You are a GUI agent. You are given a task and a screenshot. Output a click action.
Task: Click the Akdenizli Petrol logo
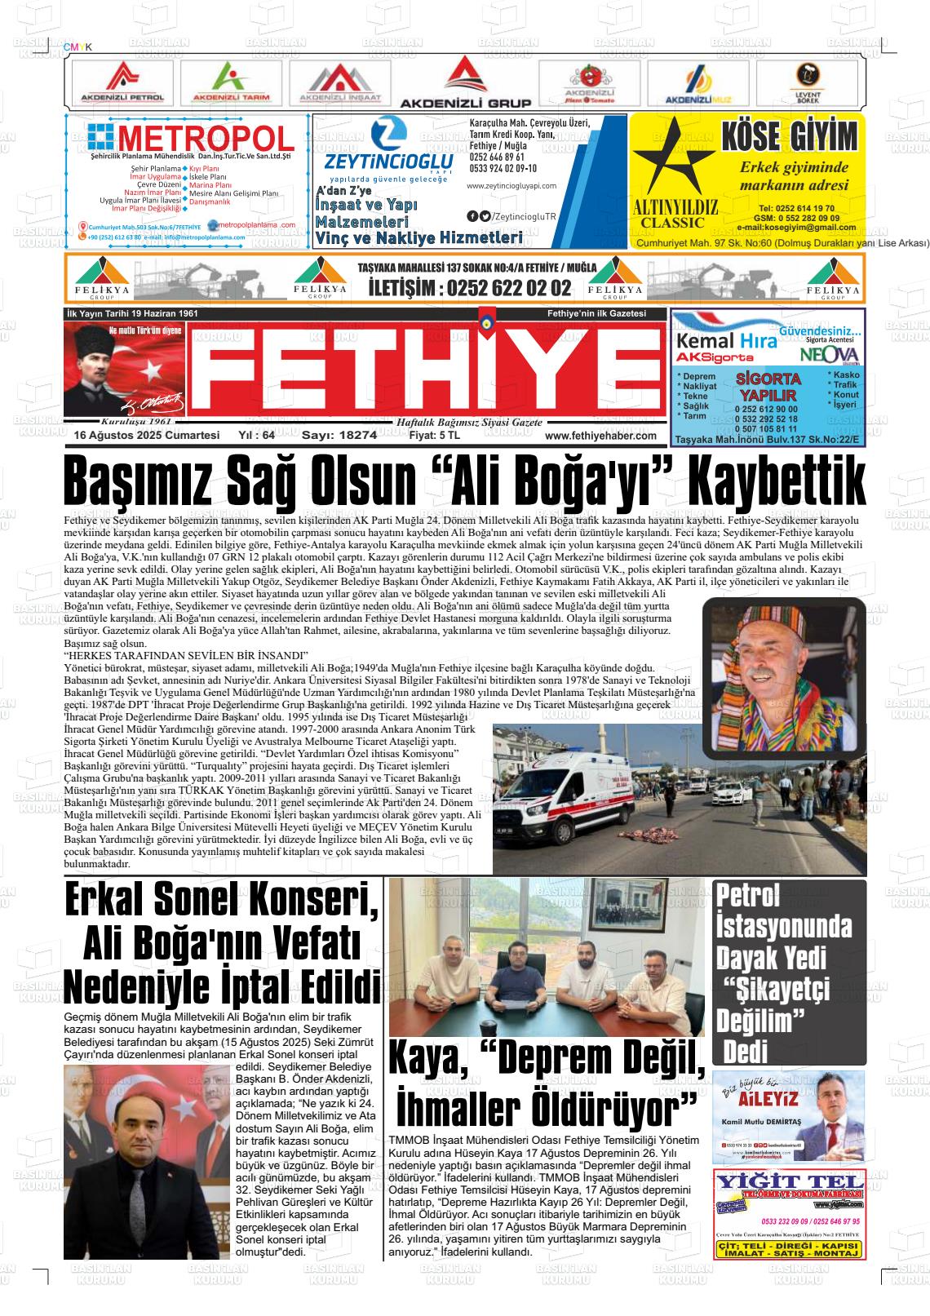click(122, 82)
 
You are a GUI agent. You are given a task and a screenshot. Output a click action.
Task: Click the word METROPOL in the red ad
click(206, 138)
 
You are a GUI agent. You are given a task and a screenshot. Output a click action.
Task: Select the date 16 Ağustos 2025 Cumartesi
click(147, 436)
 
